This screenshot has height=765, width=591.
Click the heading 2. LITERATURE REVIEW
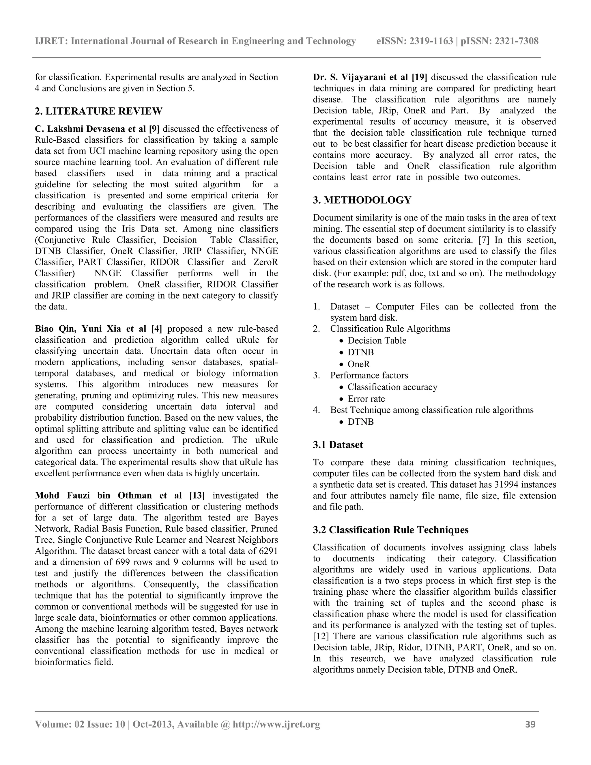point(98,111)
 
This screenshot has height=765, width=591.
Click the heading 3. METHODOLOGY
point(362,200)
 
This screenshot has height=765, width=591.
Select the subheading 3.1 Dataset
point(338,445)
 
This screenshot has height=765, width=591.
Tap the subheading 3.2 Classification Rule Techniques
point(390,530)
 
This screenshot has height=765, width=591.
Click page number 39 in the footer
point(530,724)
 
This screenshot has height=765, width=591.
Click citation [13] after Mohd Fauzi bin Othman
point(197,495)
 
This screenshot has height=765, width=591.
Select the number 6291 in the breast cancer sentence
point(268,551)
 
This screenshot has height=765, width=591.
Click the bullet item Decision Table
point(377,340)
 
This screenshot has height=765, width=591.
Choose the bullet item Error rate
point(366,399)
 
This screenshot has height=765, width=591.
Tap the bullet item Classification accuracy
point(392,387)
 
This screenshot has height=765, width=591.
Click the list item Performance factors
point(369,375)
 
